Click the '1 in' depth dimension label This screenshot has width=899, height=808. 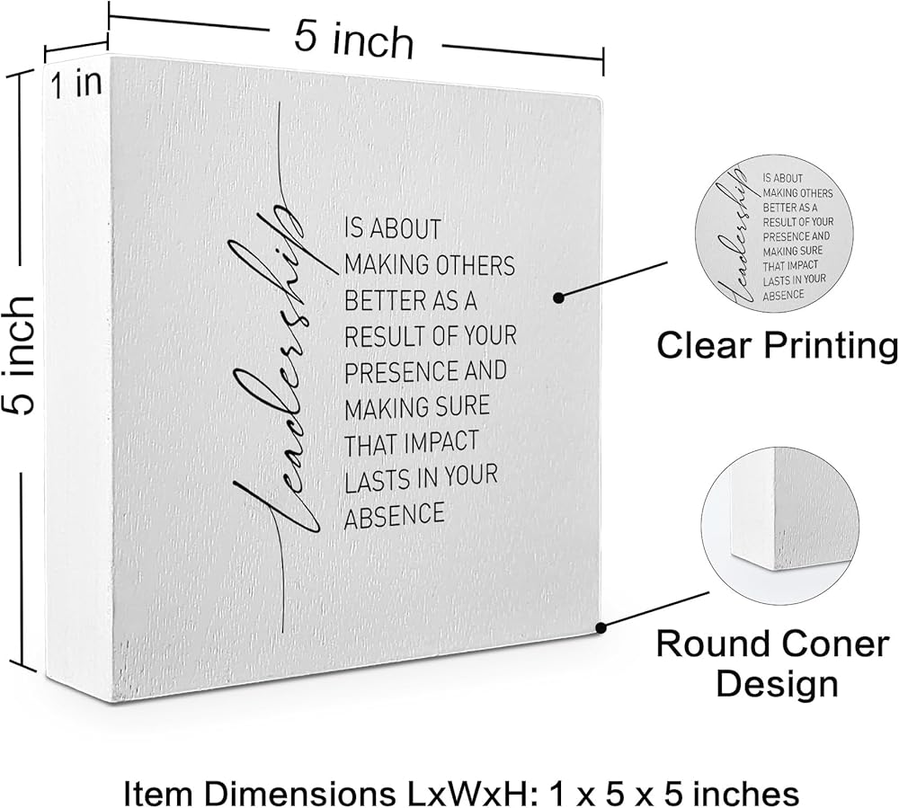tap(76, 84)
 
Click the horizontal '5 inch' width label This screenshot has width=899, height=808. tap(354, 40)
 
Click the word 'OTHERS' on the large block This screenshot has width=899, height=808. tap(469, 266)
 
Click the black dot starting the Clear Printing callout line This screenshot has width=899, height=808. tap(558, 297)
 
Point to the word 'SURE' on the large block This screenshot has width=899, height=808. tap(460, 406)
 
